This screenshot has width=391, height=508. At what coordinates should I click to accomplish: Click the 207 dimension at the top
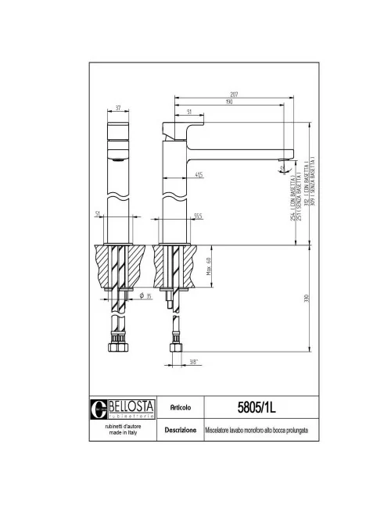[234, 95]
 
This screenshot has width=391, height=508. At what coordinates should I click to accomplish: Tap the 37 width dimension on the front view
[117, 108]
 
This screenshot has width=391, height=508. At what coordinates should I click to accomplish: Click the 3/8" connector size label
[192, 361]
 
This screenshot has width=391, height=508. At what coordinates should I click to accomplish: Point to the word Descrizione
[181, 430]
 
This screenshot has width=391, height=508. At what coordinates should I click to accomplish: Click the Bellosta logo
[124, 407]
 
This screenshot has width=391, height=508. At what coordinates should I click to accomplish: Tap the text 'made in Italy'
[124, 435]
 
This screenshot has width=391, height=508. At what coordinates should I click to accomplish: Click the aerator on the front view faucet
[117, 159]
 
